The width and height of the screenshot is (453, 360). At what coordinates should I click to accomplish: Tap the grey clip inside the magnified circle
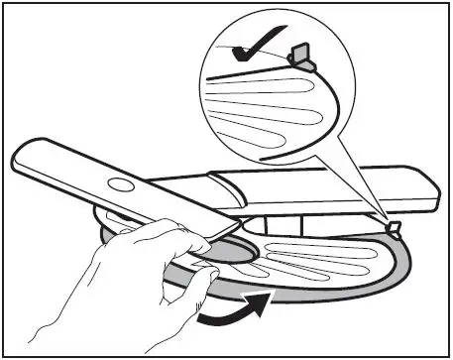tap(300, 55)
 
